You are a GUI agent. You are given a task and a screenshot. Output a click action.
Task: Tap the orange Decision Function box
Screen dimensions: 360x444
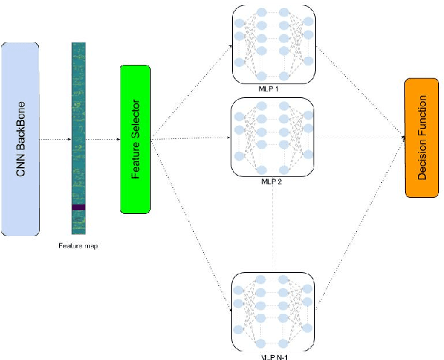[x=421, y=139]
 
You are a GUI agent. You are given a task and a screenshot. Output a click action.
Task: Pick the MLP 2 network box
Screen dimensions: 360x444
[x=274, y=138]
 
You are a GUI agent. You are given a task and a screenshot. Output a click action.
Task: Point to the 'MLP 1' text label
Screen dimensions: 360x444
[x=274, y=89]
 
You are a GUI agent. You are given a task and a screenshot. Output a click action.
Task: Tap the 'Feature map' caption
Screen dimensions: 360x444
[x=78, y=246]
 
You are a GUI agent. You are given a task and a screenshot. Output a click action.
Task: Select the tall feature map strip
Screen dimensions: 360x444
[x=78, y=137]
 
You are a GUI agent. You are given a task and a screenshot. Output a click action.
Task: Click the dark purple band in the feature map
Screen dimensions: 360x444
[x=78, y=207]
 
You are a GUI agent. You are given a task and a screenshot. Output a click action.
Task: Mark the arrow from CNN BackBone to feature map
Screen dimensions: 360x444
[x=54, y=139]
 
